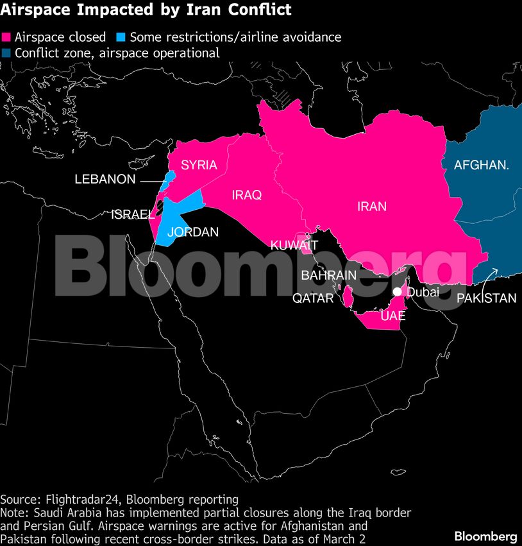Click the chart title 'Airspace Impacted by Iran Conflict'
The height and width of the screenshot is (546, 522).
click(x=146, y=10)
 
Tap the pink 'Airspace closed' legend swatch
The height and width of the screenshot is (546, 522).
click(x=7, y=37)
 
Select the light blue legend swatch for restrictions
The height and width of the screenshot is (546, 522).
click(x=121, y=37)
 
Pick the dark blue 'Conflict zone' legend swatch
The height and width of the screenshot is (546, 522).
click(x=7, y=53)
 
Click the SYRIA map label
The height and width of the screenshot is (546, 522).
click(x=199, y=166)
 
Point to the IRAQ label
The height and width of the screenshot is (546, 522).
click(x=247, y=195)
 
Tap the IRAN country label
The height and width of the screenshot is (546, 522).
click(x=372, y=207)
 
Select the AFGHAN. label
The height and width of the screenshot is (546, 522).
click(x=482, y=166)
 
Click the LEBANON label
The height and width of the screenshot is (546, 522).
click(x=105, y=180)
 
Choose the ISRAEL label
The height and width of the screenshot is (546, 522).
click(x=133, y=214)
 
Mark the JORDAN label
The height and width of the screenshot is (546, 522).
click(x=192, y=232)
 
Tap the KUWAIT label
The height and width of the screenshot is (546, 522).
click(x=294, y=245)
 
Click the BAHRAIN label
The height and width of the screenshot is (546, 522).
click(x=328, y=275)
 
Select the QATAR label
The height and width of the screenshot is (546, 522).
click(x=313, y=298)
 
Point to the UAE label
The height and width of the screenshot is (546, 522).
click(x=393, y=316)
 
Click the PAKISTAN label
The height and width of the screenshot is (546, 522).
click(x=486, y=298)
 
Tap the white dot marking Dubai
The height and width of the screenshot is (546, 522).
click(x=398, y=292)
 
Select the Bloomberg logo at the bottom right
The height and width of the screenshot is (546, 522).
click(x=485, y=536)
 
